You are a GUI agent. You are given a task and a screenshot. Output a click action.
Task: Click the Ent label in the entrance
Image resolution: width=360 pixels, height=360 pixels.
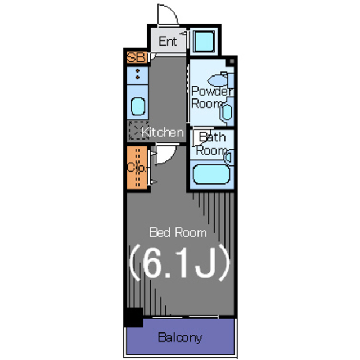pos(168,42)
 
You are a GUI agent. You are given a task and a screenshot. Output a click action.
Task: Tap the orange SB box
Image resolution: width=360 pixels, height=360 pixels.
pos(137,57)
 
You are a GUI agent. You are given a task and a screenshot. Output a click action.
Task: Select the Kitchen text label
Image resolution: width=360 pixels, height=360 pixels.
pos(163,132)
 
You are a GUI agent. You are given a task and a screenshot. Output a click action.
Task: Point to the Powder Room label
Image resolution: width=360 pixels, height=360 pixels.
pos(211,97)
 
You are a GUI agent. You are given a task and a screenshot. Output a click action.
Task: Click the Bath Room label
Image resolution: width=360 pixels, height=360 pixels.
pos(212,143)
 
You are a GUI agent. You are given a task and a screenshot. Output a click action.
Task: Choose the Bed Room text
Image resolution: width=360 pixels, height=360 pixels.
pos(178,232)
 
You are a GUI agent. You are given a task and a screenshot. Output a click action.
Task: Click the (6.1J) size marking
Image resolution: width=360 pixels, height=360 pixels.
pos(179,263)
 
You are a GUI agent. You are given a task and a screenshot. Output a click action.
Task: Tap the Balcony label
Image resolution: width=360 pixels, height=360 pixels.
pos(180,337)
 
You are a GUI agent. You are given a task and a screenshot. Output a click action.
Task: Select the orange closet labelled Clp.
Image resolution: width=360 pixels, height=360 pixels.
pos(137,168)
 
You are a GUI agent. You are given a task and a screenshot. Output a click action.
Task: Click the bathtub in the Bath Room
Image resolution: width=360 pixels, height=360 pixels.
pos(211,174)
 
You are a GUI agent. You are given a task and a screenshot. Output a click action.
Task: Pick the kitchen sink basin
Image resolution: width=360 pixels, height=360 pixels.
pos(138,106)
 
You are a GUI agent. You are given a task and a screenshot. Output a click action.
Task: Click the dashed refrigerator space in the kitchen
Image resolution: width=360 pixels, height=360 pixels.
pos(138,130)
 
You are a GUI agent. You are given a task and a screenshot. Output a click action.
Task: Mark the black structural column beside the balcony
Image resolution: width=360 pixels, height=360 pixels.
pos(134,317)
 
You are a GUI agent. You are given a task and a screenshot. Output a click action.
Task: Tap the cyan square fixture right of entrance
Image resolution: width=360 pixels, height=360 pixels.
pos(204,42)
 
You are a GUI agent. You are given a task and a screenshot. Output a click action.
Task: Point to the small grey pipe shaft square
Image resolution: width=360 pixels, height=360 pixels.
pos(232,61)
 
